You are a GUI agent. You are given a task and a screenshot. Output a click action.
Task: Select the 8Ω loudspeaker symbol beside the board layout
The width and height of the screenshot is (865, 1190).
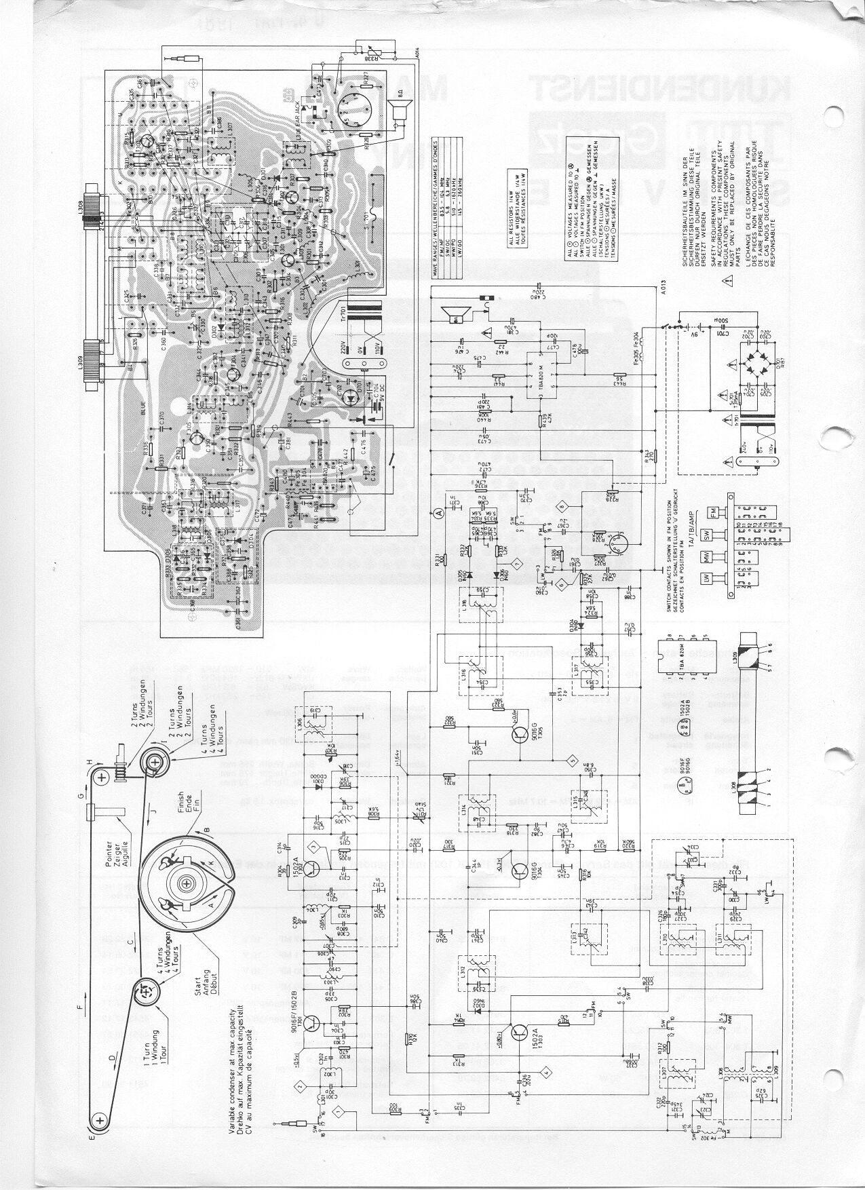click(x=395, y=107)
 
